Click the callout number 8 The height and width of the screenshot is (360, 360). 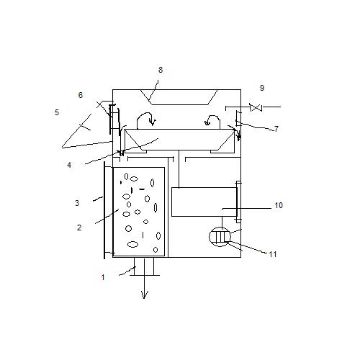(161, 70)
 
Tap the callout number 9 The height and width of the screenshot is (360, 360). (262, 88)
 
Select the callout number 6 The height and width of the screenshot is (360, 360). (81, 95)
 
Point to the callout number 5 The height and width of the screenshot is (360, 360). (57, 112)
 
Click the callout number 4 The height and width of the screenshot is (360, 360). (69, 165)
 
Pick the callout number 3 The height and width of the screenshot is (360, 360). (77, 203)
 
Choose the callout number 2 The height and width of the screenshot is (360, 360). (79, 228)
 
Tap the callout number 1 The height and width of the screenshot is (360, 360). (103, 277)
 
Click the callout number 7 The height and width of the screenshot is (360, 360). (276, 129)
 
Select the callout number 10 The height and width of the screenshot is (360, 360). (279, 205)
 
